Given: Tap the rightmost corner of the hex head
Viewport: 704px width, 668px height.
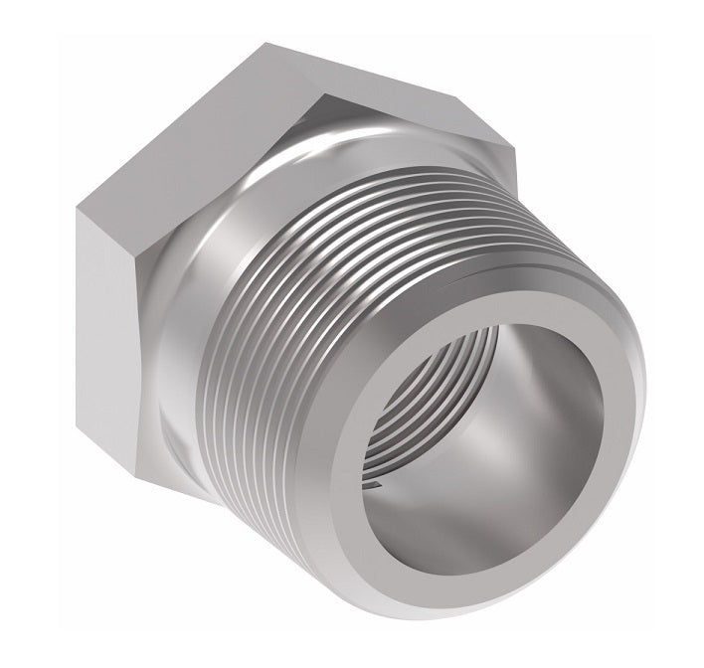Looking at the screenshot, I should pos(520,159).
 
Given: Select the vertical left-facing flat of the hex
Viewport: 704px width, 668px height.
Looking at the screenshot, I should pos(112,328).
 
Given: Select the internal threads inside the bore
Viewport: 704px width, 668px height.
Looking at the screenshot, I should pos(408,417).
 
